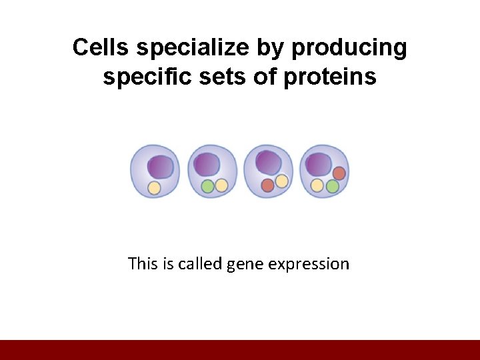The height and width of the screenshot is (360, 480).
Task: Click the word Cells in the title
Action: click(x=101, y=48)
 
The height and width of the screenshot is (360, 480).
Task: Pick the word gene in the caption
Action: click(x=245, y=264)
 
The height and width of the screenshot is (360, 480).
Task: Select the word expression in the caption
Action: click(x=308, y=264)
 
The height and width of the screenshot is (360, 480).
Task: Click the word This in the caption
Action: click(x=142, y=264)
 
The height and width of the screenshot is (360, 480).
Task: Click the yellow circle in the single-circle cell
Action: click(x=154, y=188)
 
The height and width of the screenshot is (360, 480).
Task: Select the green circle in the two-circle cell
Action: click(x=207, y=186)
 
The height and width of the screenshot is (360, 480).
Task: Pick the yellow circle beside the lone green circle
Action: click(x=221, y=185)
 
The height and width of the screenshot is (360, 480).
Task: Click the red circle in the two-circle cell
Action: click(x=267, y=185)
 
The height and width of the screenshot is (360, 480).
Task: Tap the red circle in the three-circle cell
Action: click(x=339, y=173)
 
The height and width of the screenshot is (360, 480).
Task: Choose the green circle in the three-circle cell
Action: click(x=332, y=186)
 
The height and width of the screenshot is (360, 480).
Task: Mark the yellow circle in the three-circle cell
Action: click(x=317, y=185)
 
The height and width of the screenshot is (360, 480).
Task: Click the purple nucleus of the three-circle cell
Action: click(x=318, y=164)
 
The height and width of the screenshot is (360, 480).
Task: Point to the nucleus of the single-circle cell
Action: click(x=161, y=167)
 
